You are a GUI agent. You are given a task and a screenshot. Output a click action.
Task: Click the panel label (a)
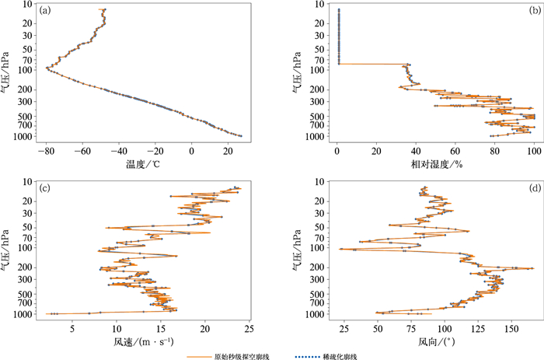click(x=46, y=11)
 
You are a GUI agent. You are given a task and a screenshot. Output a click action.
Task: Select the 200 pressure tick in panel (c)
click(x=29, y=267)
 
